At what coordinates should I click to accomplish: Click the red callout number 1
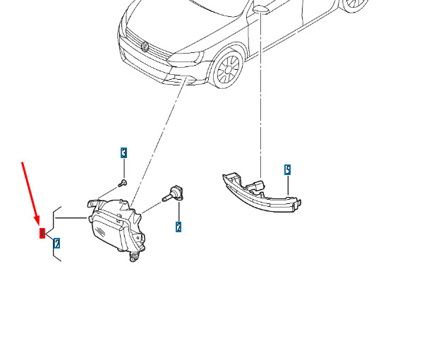click(x=42, y=233)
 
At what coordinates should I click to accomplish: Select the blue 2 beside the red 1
click(x=56, y=243)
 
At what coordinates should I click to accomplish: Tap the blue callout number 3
click(x=123, y=152)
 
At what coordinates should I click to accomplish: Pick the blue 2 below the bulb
click(x=178, y=227)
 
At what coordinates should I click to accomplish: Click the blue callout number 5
click(x=287, y=169)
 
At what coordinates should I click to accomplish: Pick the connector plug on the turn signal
click(x=257, y=186)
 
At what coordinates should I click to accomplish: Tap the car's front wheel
click(x=228, y=70)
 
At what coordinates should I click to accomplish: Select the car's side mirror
click(x=261, y=8)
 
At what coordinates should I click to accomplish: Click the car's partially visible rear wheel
click(x=353, y=6)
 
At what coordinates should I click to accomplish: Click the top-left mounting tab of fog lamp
click(x=91, y=203)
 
